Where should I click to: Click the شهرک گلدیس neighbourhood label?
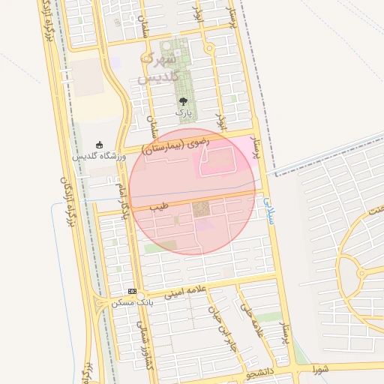pyautogui.click(x=157, y=67)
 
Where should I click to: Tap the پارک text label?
pyautogui.click(x=184, y=112)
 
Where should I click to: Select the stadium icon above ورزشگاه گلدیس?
pyautogui.click(x=100, y=145)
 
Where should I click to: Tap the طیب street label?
pyautogui.click(x=158, y=204)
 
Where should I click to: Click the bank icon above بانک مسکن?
pyautogui.click(x=132, y=291)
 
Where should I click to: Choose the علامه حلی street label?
pyautogui.click(x=252, y=321)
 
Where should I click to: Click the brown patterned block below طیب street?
pyautogui.click(x=202, y=209)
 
